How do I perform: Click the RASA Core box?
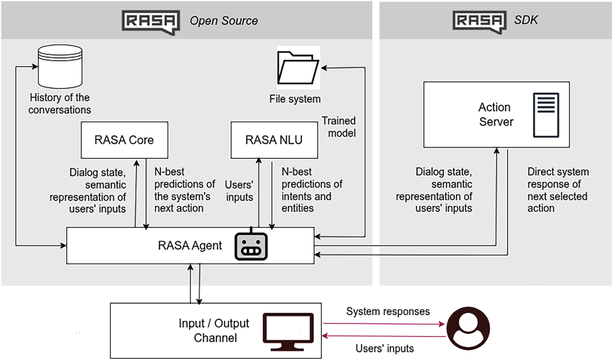(x=124, y=140)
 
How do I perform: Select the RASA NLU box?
(x=274, y=140)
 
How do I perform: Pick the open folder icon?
(x=298, y=68)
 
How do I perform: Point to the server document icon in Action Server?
(x=546, y=115)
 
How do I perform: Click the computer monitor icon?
(x=288, y=331)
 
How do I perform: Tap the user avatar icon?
(x=468, y=328)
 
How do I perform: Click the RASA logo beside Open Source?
(x=151, y=22)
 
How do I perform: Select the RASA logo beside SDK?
(x=479, y=21)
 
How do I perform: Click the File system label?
(x=295, y=99)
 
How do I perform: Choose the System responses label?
(x=388, y=311)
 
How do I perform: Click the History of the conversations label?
(x=60, y=104)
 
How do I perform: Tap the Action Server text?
(x=495, y=115)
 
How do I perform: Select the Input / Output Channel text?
(x=214, y=330)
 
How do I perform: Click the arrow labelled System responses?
(x=384, y=324)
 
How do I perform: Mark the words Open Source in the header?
(x=224, y=21)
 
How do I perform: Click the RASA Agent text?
(x=190, y=245)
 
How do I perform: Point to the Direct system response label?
(x=557, y=190)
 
